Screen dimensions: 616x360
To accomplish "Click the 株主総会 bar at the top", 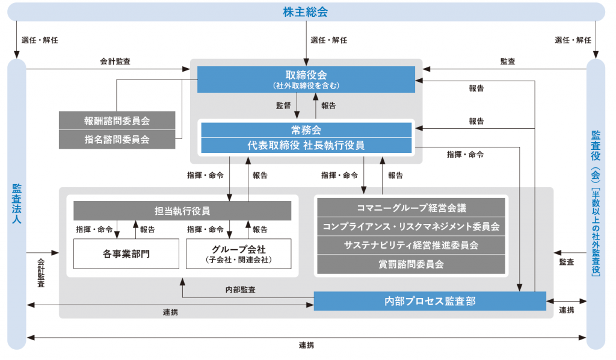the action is click(306, 12).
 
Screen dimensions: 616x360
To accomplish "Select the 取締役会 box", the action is click(306, 79).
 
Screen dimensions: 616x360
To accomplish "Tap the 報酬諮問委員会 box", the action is click(117, 120).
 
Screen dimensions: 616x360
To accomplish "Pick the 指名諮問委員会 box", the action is click(117, 140).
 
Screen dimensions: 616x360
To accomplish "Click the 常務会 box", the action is click(306, 130).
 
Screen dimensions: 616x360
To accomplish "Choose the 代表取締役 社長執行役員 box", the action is click(306, 146).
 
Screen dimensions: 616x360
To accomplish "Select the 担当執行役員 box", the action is click(182, 211).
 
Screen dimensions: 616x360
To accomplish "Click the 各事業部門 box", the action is click(126, 254).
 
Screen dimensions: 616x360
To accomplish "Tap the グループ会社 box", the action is click(238, 254).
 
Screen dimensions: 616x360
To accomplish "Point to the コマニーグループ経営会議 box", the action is click(411, 208).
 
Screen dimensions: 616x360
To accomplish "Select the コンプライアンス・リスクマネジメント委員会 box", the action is click(411, 227).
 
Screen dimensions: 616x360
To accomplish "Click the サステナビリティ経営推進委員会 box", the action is click(411, 245).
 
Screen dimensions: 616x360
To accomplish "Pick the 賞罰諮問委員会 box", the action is click(411, 264).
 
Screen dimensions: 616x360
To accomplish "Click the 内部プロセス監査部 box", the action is click(430, 301).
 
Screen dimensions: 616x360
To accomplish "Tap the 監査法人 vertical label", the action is click(16, 203).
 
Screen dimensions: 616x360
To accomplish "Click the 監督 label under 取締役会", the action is click(283, 105).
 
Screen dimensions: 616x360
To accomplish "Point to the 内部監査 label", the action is click(241, 290).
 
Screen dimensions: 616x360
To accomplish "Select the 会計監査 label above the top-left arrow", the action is click(115, 61).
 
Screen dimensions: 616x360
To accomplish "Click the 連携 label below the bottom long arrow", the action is click(306, 345).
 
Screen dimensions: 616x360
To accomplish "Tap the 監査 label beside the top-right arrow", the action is click(508, 61).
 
